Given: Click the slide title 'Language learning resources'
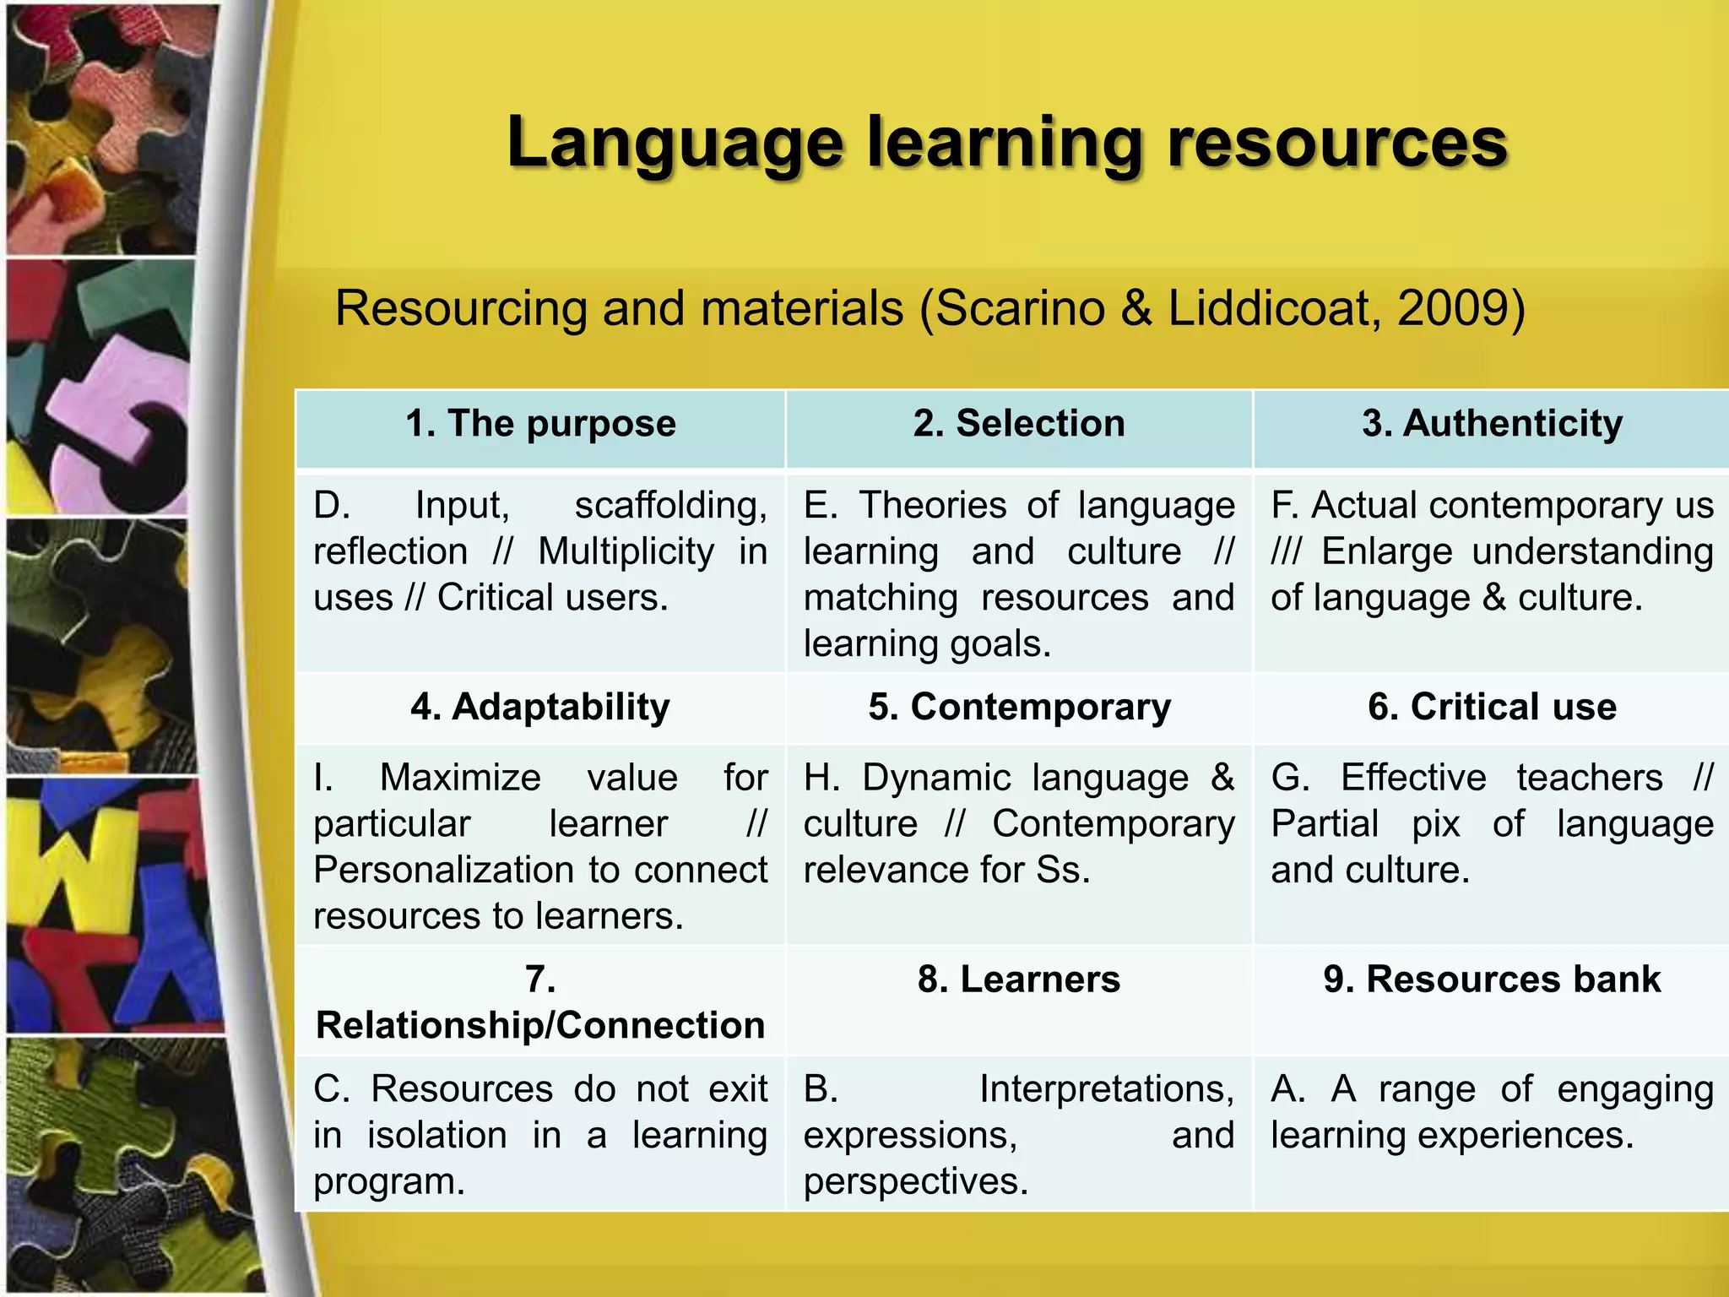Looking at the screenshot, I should click(x=1006, y=143).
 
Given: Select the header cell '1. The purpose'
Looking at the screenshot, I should click(x=540, y=423).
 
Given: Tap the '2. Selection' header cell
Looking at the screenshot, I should click(x=1019, y=423).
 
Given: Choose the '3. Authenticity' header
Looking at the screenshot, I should click(x=1492, y=423).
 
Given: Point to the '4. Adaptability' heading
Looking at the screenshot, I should click(x=540, y=707).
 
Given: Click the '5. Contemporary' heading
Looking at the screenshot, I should click(x=1019, y=707).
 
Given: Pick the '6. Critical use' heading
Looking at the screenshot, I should click(x=1492, y=707).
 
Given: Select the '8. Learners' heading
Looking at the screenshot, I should click(x=1019, y=980).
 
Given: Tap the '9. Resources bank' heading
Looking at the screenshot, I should click(x=1492, y=980).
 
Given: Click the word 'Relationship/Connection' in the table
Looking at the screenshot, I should click(x=540, y=1025).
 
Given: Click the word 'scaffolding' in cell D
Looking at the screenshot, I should click(x=669, y=506).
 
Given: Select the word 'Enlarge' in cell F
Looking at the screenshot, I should click(x=1385, y=552).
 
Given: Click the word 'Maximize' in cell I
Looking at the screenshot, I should click(x=460, y=778).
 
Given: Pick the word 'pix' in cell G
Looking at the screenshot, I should click(x=1435, y=824).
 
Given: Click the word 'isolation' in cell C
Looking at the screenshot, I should click(x=436, y=1136).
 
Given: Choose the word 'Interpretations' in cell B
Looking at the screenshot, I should click(x=1105, y=1089).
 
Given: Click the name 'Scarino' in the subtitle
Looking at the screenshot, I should click(x=1019, y=307).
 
